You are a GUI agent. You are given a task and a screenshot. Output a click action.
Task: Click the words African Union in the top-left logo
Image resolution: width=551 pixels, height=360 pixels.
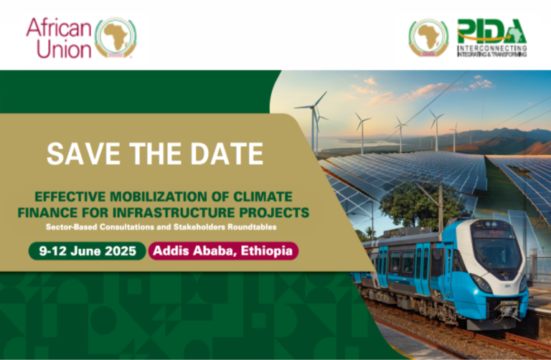[x=59, y=37]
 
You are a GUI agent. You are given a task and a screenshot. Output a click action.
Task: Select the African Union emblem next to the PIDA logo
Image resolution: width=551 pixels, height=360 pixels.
[x=428, y=37]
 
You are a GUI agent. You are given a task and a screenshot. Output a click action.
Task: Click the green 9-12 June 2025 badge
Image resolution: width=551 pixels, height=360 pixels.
[x=86, y=251]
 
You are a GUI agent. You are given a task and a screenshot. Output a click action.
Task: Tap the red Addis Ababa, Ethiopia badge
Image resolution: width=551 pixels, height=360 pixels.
[x=223, y=251]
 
